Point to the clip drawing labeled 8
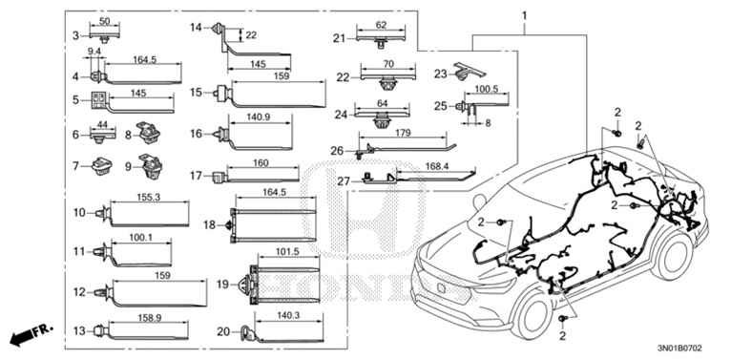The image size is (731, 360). (148, 132)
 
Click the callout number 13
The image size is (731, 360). (79, 330)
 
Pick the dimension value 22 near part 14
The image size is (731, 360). (252, 35)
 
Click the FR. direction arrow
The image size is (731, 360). (29, 334)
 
